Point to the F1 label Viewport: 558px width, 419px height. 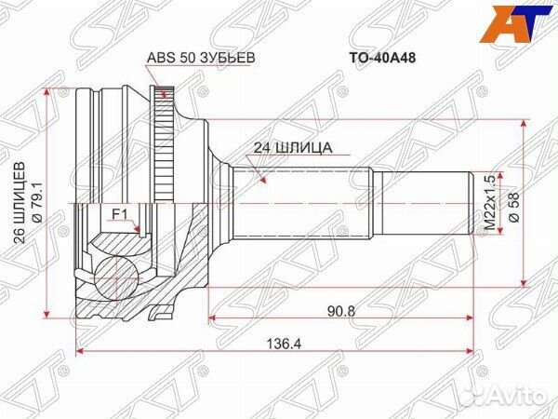click(x=119, y=214)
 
